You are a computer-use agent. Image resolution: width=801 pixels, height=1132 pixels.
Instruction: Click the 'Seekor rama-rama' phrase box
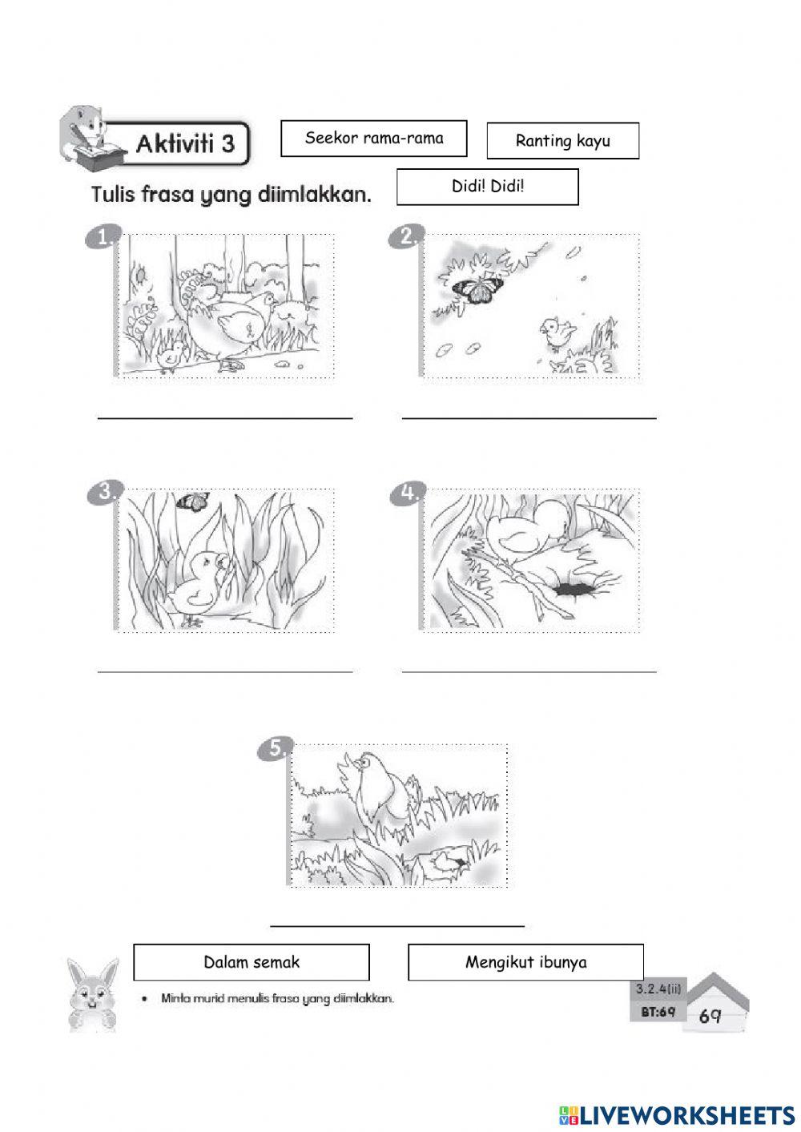click(374, 139)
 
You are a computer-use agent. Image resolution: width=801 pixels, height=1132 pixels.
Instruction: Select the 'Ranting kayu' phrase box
click(563, 140)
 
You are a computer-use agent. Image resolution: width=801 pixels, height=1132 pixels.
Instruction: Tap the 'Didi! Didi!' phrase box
click(488, 187)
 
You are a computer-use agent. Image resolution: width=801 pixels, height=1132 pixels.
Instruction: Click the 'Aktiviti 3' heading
click(186, 144)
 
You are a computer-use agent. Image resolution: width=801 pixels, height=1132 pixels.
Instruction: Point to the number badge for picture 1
click(103, 236)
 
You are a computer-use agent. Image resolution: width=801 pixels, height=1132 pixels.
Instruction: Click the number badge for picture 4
click(408, 493)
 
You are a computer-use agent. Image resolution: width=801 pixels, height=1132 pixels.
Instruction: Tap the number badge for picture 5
click(276, 748)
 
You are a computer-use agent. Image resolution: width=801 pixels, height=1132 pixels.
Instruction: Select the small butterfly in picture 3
click(192, 502)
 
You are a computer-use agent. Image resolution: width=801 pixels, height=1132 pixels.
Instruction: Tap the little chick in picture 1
click(171, 357)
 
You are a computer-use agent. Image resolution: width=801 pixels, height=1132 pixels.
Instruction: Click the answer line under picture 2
click(529, 418)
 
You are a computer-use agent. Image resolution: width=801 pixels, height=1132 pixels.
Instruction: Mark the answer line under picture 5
click(397, 926)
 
